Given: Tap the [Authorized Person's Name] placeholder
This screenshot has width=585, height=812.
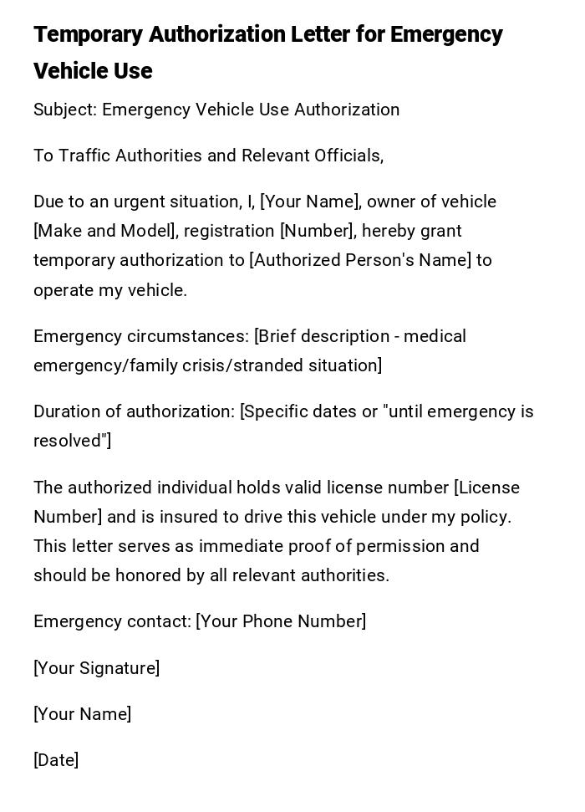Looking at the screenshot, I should [x=360, y=260].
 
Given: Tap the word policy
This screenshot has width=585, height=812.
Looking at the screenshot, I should [x=485, y=517].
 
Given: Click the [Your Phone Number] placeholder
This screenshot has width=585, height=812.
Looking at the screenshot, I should [x=281, y=621].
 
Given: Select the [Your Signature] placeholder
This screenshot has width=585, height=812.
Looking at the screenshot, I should [x=96, y=668].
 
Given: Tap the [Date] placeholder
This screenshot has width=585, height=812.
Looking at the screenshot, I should [x=56, y=760].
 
